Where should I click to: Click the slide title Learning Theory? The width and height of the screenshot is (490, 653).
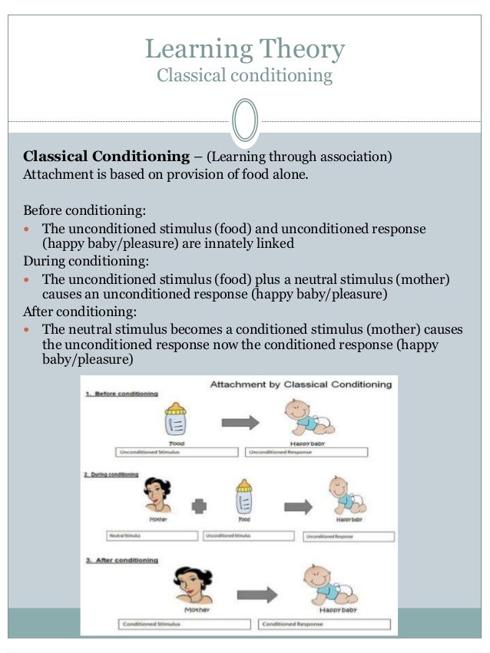[x=245, y=50]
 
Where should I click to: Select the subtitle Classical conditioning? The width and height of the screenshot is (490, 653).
[x=245, y=75]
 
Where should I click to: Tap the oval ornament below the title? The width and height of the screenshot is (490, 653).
[x=244, y=120]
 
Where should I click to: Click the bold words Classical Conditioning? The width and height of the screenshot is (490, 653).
[x=107, y=157]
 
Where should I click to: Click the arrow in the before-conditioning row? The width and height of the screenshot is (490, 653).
[x=240, y=422]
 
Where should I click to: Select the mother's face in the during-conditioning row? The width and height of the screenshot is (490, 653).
[x=157, y=496]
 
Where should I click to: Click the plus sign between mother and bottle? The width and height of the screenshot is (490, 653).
[x=200, y=507]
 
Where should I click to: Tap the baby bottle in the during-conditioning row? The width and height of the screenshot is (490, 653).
[x=243, y=498]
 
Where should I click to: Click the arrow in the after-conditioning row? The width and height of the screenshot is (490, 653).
[x=257, y=594]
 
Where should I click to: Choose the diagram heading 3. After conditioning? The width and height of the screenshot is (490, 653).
[x=122, y=560]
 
